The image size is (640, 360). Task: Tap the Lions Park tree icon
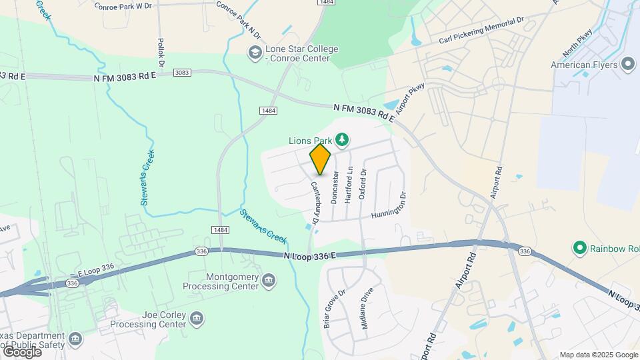pos(342,139)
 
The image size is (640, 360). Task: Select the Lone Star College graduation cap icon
pos(255,53)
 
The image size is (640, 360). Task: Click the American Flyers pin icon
pos(627,65)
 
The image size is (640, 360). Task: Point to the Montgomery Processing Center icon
pos(269,279)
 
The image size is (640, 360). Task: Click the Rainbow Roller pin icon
pos(579,249)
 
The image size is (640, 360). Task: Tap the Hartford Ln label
pos(348,185)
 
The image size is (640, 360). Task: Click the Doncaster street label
pos(335,186)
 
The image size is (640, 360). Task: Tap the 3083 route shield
pos(182,72)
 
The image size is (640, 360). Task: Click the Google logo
pos(22,351)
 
